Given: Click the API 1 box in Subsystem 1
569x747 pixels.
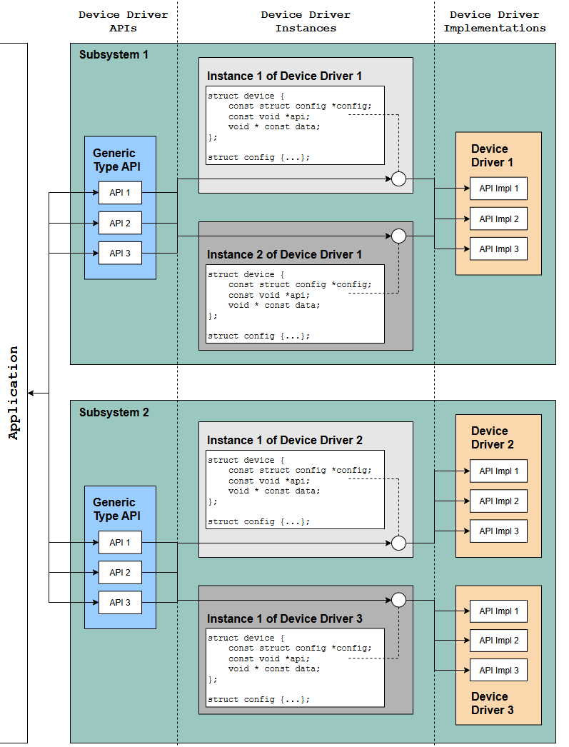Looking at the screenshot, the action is (x=120, y=193).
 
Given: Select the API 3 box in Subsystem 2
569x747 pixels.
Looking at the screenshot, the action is (x=120, y=602).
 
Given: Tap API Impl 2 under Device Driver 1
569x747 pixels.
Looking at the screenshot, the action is (x=498, y=219).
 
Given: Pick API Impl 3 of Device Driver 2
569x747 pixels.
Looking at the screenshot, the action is (x=498, y=531).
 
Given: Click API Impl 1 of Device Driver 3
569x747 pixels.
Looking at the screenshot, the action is (x=498, y=611).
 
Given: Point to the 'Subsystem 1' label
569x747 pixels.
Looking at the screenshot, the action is (x=114, y=55).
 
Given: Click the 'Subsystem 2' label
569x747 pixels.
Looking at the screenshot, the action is (x=114, y=412).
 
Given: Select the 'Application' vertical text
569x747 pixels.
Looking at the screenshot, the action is (x=14, y=393).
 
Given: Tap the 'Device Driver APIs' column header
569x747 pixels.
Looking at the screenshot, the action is (x=124, y=21).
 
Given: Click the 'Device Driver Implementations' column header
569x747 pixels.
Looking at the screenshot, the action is (x=495, y=21).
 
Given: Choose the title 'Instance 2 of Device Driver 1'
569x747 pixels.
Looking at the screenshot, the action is (x=284, y=254).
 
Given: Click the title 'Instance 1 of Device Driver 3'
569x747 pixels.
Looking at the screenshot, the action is (x=284, y=618).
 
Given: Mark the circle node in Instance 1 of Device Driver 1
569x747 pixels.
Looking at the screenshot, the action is (x=398, y=179).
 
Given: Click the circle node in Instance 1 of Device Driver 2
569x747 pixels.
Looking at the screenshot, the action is (x=398, y=543).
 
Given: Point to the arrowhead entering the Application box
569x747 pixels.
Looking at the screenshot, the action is (x=31, y=393).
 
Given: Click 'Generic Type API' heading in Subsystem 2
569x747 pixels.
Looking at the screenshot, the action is (x=116, y=508).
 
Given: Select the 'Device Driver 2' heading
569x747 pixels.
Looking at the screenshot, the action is (x=493, y=437).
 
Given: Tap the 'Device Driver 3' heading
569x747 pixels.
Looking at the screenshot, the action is (x=493, y=703).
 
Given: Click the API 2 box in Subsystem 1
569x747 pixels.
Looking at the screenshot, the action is (x=120, y=223).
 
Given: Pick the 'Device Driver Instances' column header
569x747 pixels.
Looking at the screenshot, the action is (x=306, y=21).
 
